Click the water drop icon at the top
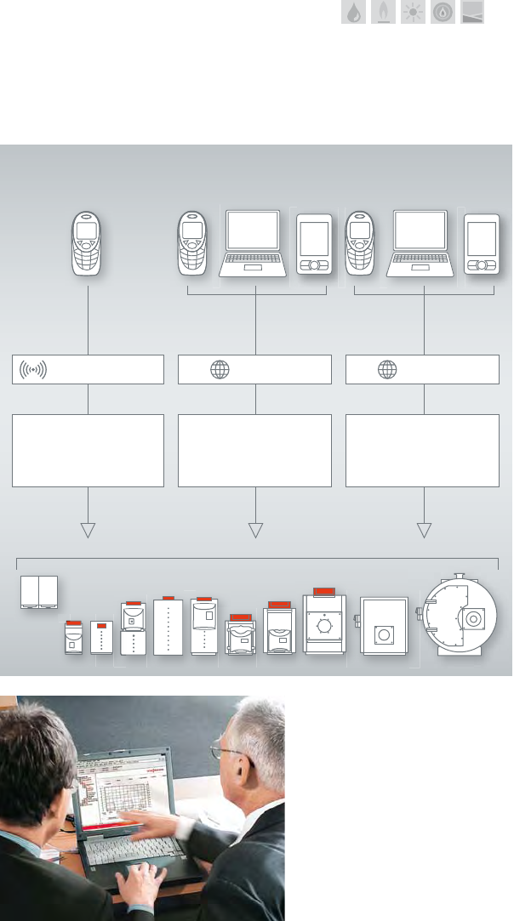[x=353, y=13]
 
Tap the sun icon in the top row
[x=413, y=13]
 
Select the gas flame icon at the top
[x=383, y=13]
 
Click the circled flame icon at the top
[x=443, y=13]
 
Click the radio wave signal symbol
[x=31, y=370]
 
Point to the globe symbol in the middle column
[x=220, y=370]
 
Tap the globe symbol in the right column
[x=387, y=370]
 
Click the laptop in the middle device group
[x=253, y=242]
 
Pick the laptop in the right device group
[x=420, y=242]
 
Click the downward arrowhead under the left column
[x=88, y=530]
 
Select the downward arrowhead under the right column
[x=424, y=530]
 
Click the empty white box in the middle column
[x=254, y=450]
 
